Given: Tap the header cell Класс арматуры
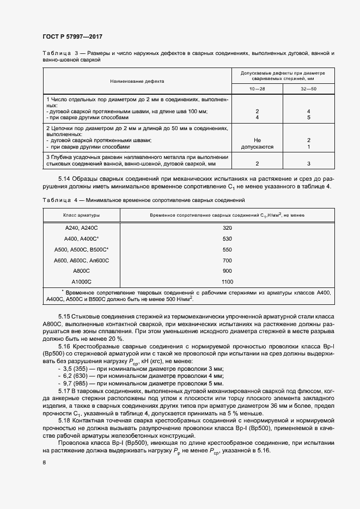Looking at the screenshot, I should [x=81, y=216].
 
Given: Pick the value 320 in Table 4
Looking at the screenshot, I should [x=228, y=228].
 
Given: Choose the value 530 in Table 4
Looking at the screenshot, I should [x=228, y=238].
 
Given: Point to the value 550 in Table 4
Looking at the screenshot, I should [x=228, y=249].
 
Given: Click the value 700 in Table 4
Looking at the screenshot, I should [x=228, y=260].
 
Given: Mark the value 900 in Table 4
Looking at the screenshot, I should [x=228, y=271].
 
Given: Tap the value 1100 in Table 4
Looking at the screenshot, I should [x=228, y=281].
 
